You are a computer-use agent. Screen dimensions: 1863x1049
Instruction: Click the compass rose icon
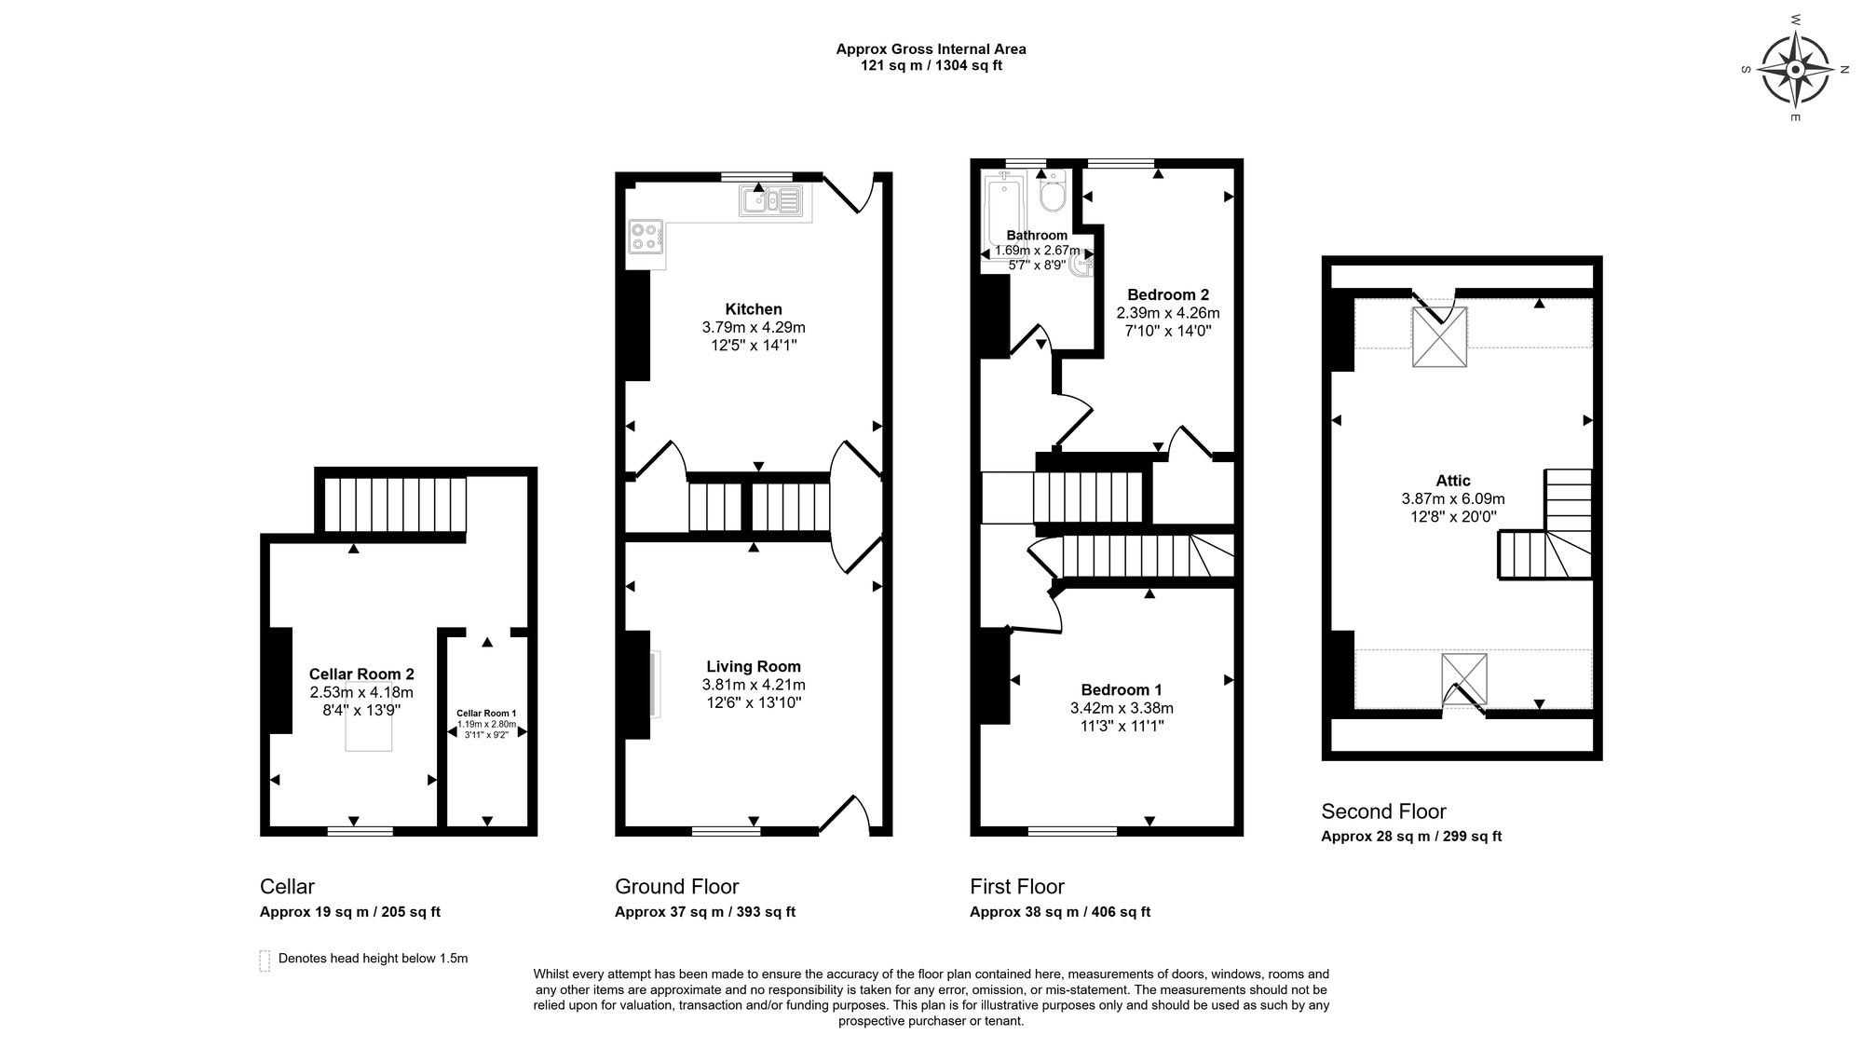[1795, 70]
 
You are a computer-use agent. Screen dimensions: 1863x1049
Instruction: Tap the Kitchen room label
[754, 309]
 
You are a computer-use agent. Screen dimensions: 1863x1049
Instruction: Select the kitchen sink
[770, 200]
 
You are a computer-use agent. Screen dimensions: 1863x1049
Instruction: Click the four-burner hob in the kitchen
[646, 236]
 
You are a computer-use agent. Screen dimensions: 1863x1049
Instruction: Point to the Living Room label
[754, 666]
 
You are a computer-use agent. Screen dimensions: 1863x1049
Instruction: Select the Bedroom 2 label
[1168, 294]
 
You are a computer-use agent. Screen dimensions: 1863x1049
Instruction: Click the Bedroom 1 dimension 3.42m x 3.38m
[1122, 708]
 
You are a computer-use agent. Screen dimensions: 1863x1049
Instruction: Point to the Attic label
[1453, 481]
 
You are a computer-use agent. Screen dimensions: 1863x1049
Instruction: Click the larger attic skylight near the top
[1439, 336]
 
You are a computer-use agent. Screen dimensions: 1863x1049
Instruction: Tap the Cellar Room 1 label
[486, 714]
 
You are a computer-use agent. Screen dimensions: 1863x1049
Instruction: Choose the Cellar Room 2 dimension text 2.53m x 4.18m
[361, 692]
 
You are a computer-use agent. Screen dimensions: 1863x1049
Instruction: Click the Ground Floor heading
[677, 886]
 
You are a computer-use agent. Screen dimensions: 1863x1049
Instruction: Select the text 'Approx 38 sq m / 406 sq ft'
[1060, 912]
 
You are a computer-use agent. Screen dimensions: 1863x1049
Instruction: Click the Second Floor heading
[1383, 811]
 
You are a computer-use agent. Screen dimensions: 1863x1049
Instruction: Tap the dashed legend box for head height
[265, 960]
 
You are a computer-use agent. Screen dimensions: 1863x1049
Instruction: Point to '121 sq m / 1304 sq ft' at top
[931, 66]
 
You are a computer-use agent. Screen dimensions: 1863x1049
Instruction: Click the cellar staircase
[394, 506]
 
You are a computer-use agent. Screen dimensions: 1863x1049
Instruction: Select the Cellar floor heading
[287, 886]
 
